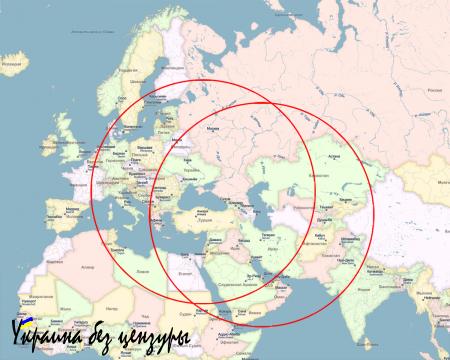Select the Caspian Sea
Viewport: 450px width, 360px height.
[251, 195]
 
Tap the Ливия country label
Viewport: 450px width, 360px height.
[135, 261]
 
